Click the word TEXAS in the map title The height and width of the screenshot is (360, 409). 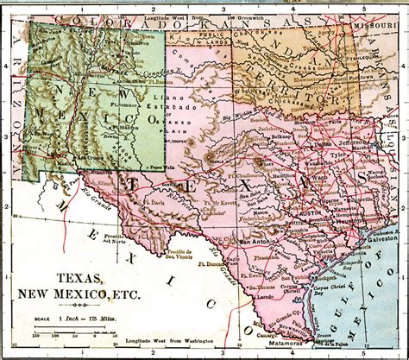84,279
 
